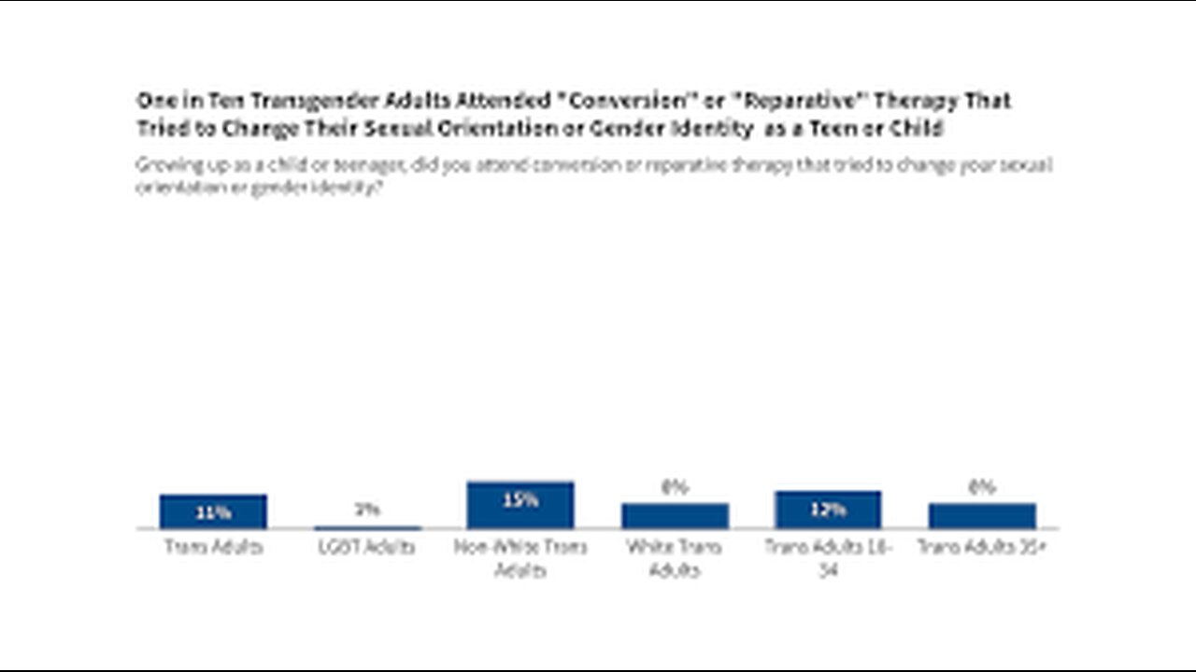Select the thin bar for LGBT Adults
[x=367, y=527]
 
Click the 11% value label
[x=213, y=512]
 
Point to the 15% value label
[x=520, y=500]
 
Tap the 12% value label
[x=828, y=510]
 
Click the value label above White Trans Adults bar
[x=675, y=487]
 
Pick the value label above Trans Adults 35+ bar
[x=981, y=487]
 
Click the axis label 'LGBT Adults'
[x=367, y=547]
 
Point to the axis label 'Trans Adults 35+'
[x=981, y=547]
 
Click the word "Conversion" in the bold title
[x=622, y=100]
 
